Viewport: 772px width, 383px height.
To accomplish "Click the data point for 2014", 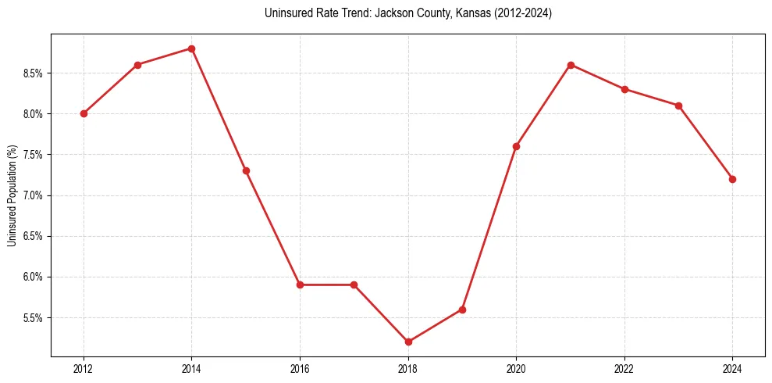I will pos(192,48).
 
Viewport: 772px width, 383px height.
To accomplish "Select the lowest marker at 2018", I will pos(408,342).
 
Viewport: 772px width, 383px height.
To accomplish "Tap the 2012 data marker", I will pos(84,113).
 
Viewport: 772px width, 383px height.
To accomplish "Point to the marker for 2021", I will pos(571,65).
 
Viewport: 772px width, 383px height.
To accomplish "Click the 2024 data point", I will pos(732,179).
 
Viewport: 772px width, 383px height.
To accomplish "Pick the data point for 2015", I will pos(246,170).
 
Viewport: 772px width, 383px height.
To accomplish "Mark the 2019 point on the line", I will pos(462,310).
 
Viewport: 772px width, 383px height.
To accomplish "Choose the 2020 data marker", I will pos(516,146).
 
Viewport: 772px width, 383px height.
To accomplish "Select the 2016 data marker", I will pos(300,285).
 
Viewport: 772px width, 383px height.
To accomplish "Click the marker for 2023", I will pos(678,106).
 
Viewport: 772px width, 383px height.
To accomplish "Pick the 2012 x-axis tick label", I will pos(84,368).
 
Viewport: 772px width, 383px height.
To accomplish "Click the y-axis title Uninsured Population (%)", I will pos(12,195).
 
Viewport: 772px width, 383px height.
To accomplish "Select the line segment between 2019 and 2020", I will pos(489,227).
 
